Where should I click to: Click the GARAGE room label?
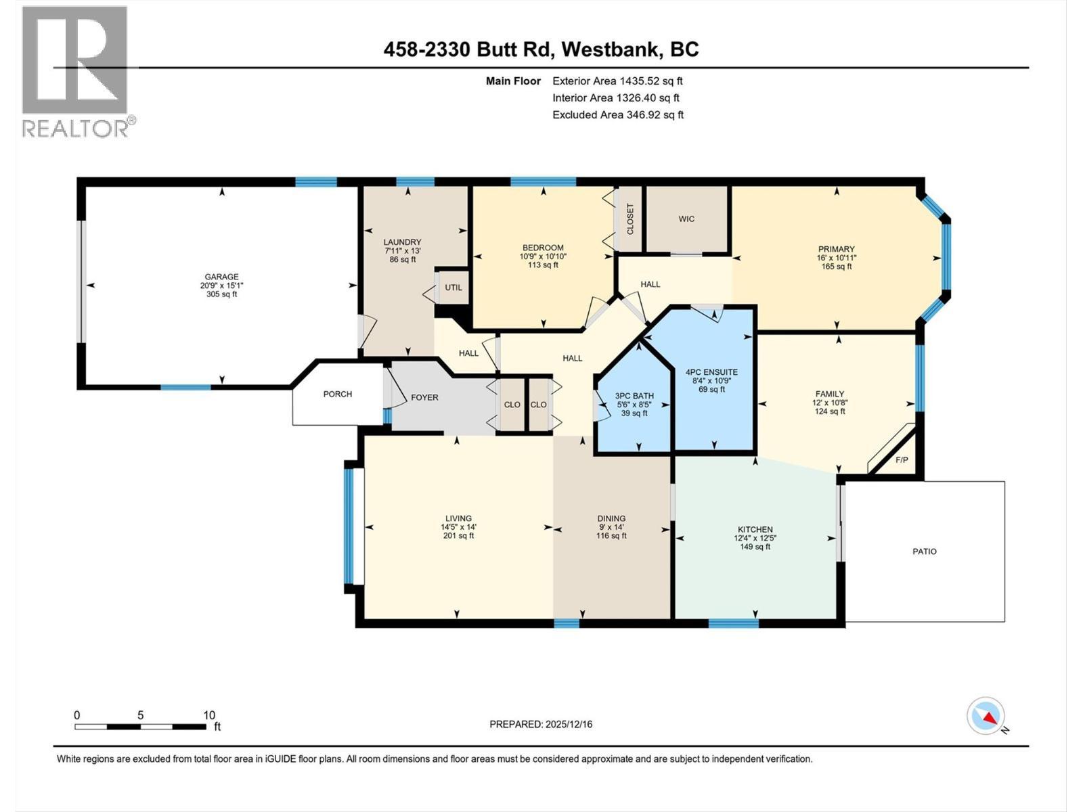[x=222, y=276]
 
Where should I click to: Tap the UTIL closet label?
[x=454, y=288]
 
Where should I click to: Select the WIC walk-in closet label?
[x=686, y=219]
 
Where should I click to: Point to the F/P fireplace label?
[x=902, y=460]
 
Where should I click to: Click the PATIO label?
[x=925, y=551]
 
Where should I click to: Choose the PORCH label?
[x=337, y=394]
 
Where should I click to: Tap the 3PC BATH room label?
[x=634, y=397]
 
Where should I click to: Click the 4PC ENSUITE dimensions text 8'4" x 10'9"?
[x=711, y=381]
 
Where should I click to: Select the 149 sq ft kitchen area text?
[x=755, y=547]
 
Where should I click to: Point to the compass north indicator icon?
[x=986, y=716]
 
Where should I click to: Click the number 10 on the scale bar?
[x=209, y=715]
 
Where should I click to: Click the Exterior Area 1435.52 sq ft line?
[x=617, y=81]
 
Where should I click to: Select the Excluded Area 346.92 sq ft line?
[x=617, y=115]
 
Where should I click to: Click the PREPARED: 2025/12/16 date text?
[x=541, y=724]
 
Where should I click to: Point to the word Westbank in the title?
[x=611, y=49]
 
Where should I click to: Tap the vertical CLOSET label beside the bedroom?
[x=630, y=219]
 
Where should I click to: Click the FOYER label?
[x=424, y=397]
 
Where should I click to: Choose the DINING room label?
[x=611, y=518]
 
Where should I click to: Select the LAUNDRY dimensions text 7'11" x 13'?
[x=402, y=251]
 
